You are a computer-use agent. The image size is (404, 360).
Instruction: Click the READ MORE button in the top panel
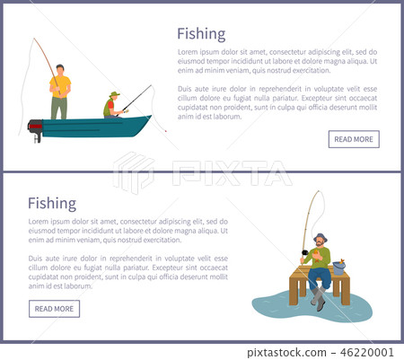coord(354,139)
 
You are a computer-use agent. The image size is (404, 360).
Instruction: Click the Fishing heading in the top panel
coord(201,34)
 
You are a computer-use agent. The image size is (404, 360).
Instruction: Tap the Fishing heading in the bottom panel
coord(52,203)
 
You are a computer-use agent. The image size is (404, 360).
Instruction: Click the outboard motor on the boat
coord(36,130)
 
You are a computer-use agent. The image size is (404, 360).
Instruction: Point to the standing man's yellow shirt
coord(59,86)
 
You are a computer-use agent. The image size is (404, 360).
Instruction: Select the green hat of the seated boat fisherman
coord(114,93)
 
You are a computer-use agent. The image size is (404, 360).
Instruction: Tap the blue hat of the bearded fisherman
coord(320,237)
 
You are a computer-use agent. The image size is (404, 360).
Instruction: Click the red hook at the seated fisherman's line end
coord(165,130)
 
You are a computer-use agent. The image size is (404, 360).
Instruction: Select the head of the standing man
coord(59,69)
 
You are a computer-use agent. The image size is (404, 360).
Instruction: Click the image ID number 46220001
coord(373,352)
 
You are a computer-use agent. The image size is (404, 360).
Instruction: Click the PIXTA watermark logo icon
coord(134,172)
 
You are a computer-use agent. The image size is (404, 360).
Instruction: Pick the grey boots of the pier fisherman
coord(318,302)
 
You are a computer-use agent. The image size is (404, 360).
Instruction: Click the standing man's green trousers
coord(59,108)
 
